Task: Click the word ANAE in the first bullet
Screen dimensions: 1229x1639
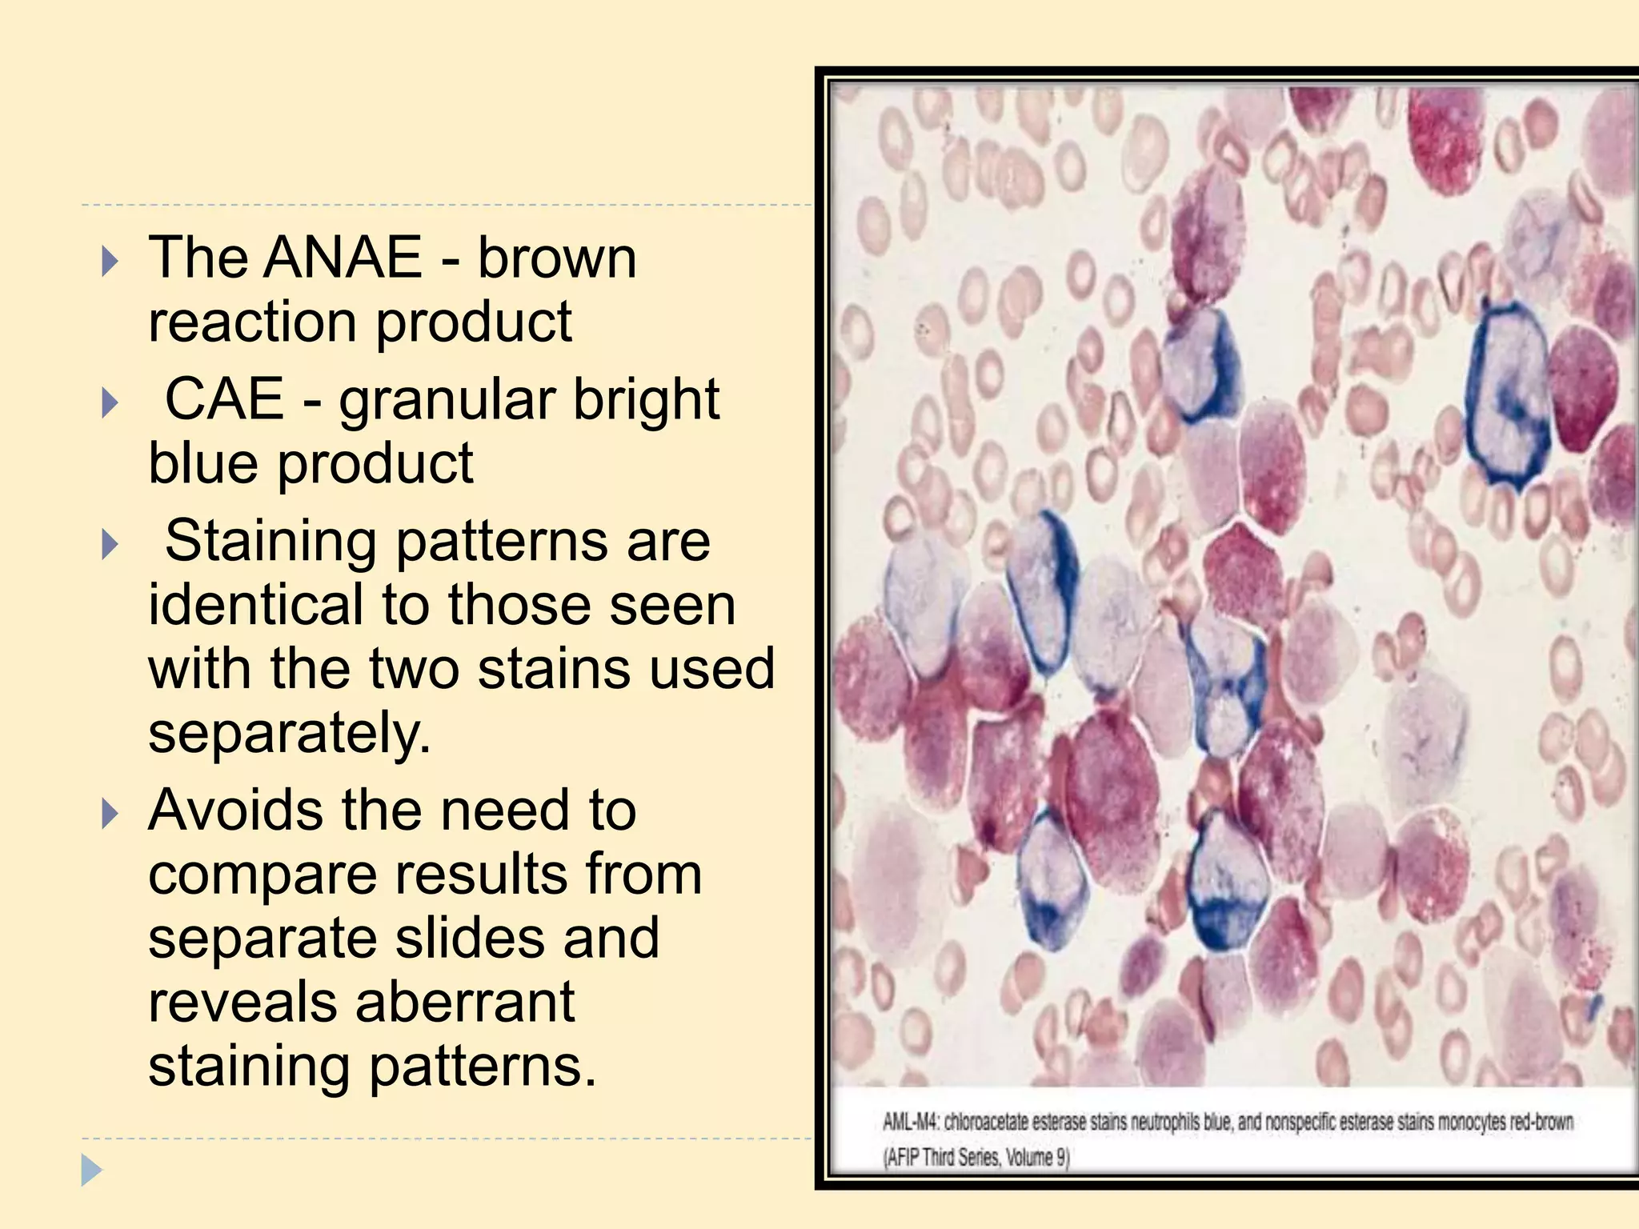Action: (x=342, y=258)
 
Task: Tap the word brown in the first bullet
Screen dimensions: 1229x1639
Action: (x=557, y=258)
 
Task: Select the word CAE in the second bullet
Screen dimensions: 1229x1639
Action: (x=224, y=398)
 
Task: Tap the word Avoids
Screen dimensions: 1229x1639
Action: (x=235, y=810)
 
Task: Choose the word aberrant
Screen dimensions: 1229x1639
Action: (x=465, y=1002)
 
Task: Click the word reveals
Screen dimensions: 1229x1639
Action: (x=242, y=1002)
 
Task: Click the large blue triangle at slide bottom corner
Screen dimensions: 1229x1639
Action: (x=91, y=1171)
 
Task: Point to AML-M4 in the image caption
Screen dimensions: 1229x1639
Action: (x=910, y=1122)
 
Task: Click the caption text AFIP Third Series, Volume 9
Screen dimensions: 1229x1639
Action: (x=976, y=1157)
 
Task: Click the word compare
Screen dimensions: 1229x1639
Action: (x=261, y=875)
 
